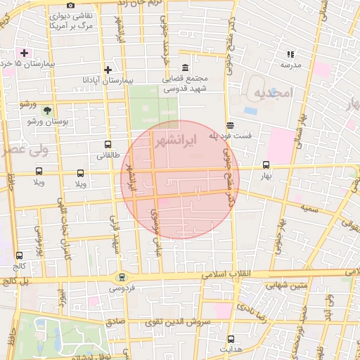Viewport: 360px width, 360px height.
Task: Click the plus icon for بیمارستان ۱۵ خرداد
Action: pos(25,53)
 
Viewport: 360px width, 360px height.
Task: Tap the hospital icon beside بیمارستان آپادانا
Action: pos(108,70)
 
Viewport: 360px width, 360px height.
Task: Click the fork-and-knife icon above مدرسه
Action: pos(290,54)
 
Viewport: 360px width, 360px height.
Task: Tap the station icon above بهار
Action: pos(265,165)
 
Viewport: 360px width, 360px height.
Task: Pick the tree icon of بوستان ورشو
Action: pos(47,110)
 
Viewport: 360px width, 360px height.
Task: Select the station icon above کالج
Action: pos(18,256)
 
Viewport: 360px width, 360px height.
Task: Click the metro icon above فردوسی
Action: pos(122,277)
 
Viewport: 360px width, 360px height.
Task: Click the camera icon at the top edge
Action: pos(70,6)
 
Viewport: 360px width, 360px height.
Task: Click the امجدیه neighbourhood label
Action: pos(271,93)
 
